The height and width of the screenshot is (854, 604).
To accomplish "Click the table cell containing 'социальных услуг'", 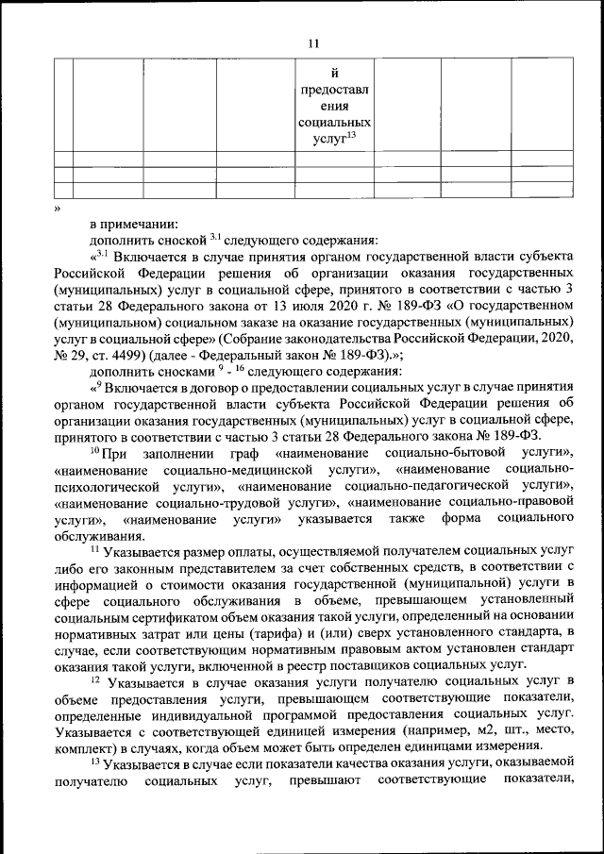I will tap(333, 107).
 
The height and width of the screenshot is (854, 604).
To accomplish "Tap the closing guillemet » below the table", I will tap(57, 207).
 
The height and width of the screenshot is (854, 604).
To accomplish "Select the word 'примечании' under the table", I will tap(145, 224).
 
